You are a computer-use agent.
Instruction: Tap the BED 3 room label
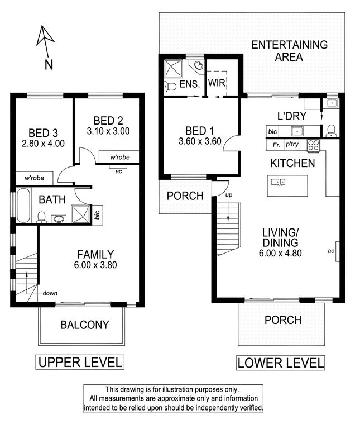click(43, 133)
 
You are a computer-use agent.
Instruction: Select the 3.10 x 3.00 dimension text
click(108, 131)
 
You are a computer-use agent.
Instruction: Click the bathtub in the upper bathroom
click(23, 206)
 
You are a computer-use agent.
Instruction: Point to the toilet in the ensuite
click(170, 87)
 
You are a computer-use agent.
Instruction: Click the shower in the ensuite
click(174, 68)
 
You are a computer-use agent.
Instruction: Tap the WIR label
click(217, 83)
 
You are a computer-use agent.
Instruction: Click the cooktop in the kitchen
click(313, 146)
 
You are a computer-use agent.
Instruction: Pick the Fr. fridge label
click(276, 145)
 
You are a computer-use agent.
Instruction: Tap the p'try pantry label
click(292, 144)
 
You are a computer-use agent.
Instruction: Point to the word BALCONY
click(85, 325)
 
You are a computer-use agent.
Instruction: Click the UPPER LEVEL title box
click(80, 362)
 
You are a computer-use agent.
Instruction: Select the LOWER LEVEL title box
click(280, 363)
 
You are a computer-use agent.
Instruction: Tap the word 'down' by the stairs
click(50, 293)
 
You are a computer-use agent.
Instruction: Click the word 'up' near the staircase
click(229, 195)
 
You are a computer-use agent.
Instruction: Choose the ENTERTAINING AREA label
click(289, 51)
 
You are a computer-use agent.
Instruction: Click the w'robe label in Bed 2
click(120, 158)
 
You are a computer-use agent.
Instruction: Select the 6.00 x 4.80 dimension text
click(280, 253)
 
